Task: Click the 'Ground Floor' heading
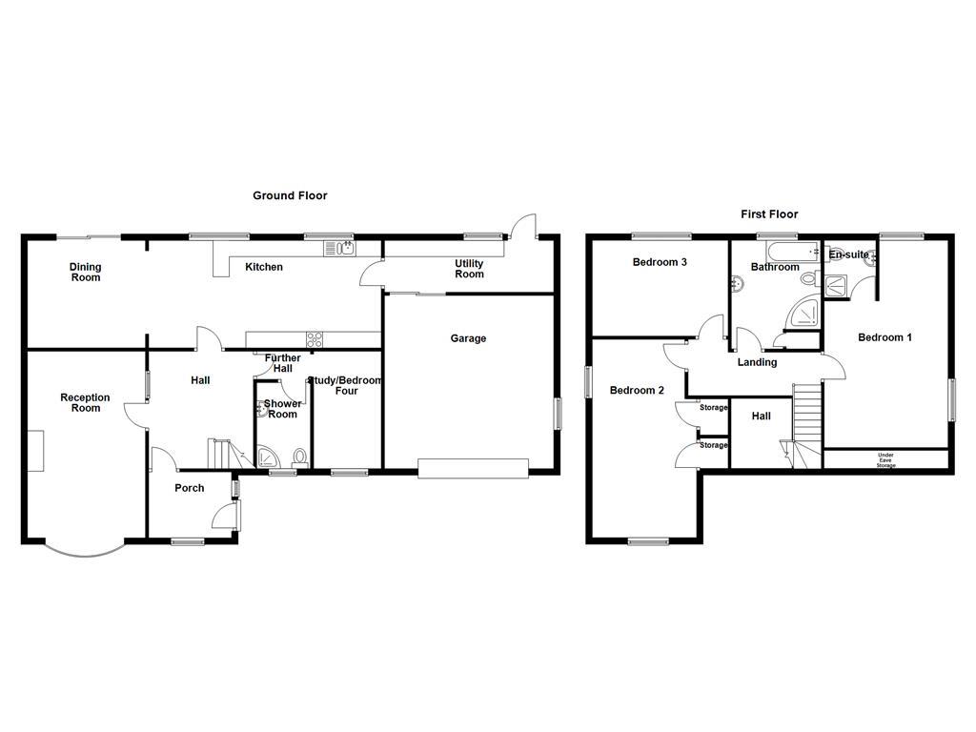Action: tap(290, 195)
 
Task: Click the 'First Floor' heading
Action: tap(769, 214)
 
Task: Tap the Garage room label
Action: tap(468, 338)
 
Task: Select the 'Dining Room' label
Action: tap(85, 273)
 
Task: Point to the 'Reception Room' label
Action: tap(85, 403)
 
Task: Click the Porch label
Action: tap(189, 488)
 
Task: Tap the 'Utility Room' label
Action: tap(469, 269)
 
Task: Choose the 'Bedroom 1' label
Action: tap(884, 337)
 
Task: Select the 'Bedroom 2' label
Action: tap(637, 390)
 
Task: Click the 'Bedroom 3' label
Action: tap(660, 262)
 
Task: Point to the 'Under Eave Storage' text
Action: tap(885, 460)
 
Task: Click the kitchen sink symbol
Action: tap(339, 249)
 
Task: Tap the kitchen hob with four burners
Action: tap(314, 338)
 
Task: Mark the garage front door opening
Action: tap(473, 467)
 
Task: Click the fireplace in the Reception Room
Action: tap(35, 451)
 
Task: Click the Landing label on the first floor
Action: tap(758, 362)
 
